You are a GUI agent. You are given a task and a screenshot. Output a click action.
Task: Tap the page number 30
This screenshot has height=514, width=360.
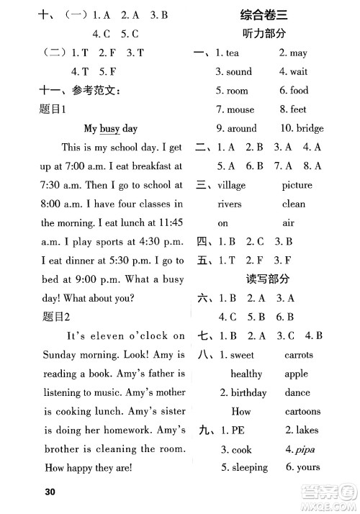(50, 492)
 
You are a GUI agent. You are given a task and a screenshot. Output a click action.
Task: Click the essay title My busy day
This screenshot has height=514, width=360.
(110, 129)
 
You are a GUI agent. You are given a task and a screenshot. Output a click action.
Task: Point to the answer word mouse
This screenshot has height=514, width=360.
(240, 110)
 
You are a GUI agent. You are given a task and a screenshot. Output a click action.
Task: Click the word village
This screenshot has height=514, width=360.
(231, 185)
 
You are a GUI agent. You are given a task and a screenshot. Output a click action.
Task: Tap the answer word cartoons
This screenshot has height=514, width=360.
(302, 412)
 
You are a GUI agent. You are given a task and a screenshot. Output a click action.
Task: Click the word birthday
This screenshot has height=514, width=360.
(248, 393)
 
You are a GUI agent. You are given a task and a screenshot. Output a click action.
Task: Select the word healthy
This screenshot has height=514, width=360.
(246, 374)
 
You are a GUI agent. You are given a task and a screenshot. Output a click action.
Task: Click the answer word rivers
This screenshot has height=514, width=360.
(230, 204)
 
